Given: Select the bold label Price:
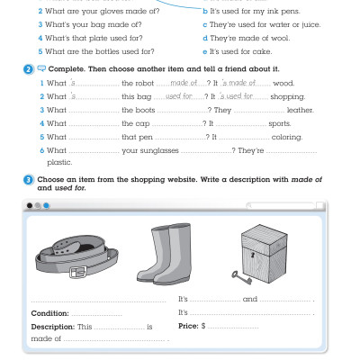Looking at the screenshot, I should click(188, 325).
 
